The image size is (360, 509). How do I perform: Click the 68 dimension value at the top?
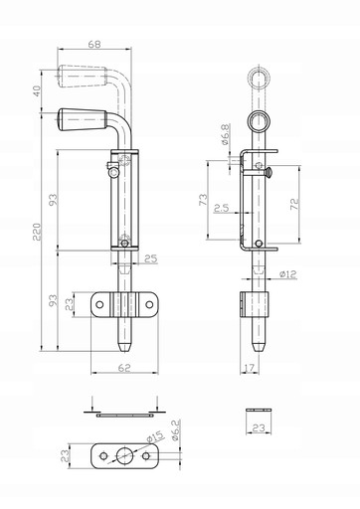coord(94,44)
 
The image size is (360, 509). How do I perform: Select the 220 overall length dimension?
coord(37,232)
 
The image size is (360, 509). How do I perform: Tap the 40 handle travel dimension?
coord(37,90)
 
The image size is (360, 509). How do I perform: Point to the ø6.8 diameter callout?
coord(225,134)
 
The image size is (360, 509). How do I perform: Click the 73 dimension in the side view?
coord(204,199)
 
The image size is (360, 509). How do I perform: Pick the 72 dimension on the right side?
coord(294,204)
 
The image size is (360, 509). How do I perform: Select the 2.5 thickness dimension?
coord(221,208)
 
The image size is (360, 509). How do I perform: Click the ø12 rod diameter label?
coord(287,274)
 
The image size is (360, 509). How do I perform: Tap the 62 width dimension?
coord(124,367)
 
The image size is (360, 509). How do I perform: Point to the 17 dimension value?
coord(250,367)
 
